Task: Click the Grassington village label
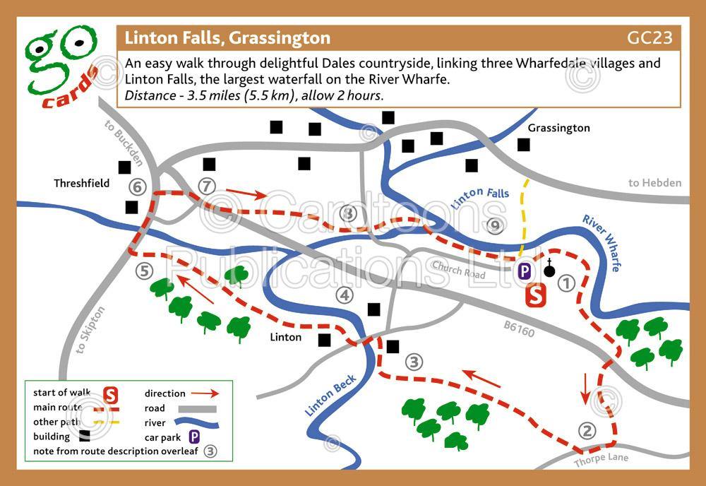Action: [558, 128]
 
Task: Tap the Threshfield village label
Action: [82, 183]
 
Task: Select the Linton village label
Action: [286, 337]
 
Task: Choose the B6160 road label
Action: [519, 328]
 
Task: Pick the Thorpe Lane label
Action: [600, 460]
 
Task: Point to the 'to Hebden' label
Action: [655, 183]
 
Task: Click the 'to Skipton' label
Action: [90, 333]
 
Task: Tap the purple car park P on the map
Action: [525, 271]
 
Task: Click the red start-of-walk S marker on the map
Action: [536, 295]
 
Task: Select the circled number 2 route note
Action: [586, 429]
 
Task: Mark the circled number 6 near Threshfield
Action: [138, 187]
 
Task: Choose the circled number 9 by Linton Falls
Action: [495, 225]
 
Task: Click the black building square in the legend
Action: [85, 437]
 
